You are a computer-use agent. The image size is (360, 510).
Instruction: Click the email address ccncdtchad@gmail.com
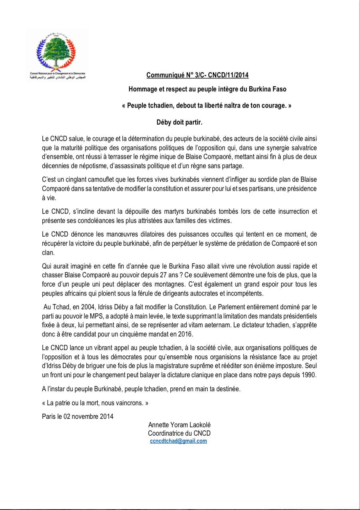[x=178, y=441]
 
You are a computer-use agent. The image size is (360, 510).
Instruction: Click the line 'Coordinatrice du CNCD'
[x=179, y=433]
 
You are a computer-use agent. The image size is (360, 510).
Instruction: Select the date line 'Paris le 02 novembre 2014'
[x=78, y=416]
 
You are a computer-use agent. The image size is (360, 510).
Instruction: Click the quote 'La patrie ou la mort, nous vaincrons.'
[x=95, y=403]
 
